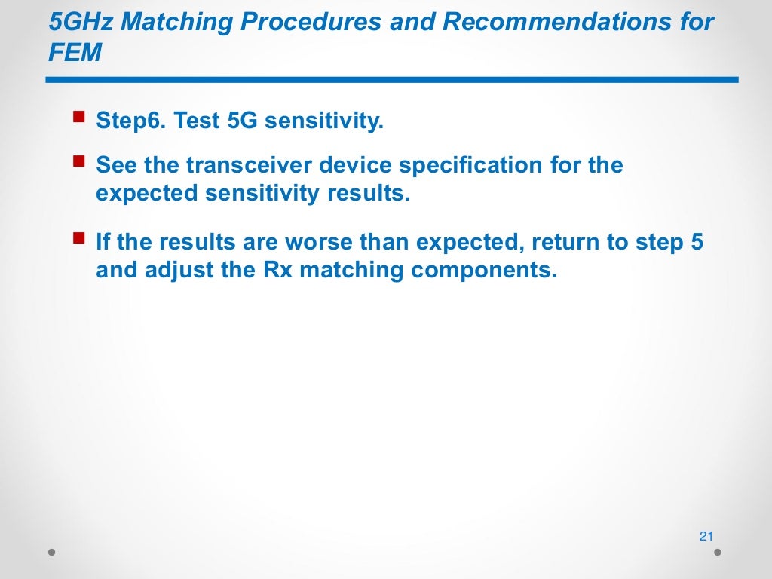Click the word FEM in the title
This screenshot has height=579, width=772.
75,54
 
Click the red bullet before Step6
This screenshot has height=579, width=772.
78,117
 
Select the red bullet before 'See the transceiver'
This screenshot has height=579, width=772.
78,161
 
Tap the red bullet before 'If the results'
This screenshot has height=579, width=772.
78,239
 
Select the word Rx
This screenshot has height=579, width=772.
277,271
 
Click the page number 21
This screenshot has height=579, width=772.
706,537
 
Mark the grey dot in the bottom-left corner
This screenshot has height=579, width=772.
52,552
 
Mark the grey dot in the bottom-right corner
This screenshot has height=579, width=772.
718,552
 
